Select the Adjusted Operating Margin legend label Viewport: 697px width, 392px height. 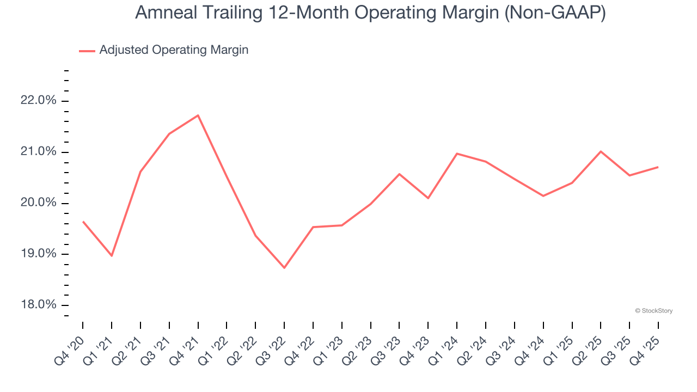(x=174, y=50)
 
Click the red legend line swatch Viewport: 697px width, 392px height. (x=87, y=51)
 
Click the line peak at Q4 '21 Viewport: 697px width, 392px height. (x=198, y=115)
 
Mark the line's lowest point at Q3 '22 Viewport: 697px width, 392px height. (x=284, y=267)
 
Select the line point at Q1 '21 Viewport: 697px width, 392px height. (x=112, y=255)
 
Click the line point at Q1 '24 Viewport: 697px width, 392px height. (x=457, y=154)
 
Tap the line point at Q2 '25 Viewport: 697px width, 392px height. (x=601, y=151)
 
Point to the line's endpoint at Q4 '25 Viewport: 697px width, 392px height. (x=658, y=167)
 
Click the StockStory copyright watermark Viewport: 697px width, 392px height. (x=653, y=311)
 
